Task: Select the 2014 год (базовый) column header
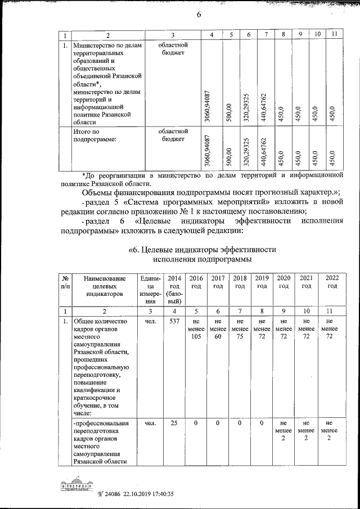tap(174, 290)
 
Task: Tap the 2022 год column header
tap(332, 282)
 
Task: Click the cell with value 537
tap(174, 322)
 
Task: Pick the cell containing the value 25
tap(174, 423)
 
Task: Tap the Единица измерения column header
tap(151, 290)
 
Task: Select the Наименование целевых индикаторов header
tap(104, 286)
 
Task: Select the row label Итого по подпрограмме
tap(94, 136)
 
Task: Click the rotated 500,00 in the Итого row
tap(228, 155)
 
